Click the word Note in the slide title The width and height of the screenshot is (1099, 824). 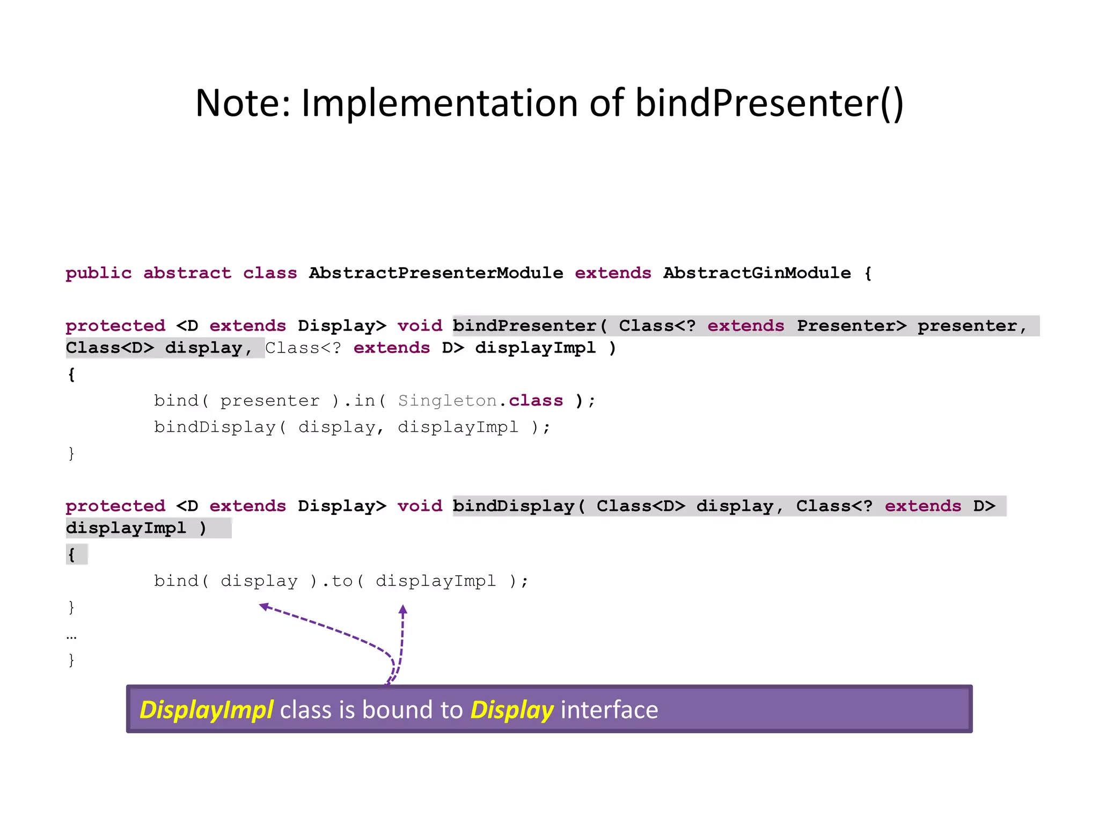click(241, 103)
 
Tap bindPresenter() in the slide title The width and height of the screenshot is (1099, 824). click(770, 103)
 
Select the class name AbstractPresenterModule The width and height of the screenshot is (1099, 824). click(436, 273)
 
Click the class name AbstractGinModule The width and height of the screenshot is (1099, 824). click(757, 273)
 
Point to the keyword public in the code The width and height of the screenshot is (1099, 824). click(98, 273)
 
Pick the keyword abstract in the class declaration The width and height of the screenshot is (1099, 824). click(187, 273)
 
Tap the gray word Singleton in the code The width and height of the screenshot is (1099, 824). click(447, 401)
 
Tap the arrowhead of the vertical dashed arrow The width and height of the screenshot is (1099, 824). click(404, 609)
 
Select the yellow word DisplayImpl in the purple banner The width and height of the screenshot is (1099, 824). click(207, 710)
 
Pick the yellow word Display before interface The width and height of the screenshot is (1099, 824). click(512, 710)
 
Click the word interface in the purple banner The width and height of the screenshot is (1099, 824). click(609, 710)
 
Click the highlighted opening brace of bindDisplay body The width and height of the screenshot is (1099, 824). click(72, 554)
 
